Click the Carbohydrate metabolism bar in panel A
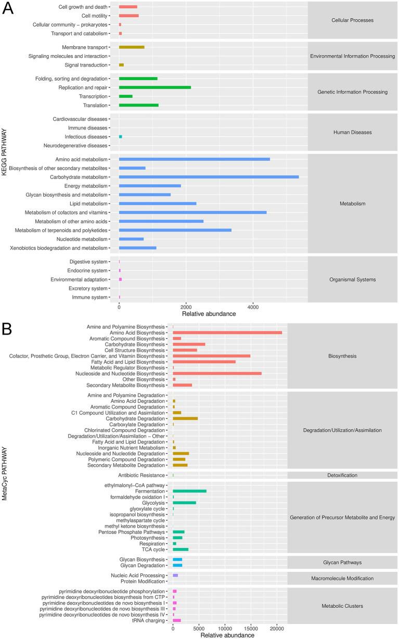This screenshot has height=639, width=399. (209, 177)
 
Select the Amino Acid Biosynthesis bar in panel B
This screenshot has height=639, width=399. (227, 333)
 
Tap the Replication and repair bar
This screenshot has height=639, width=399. (155, 87)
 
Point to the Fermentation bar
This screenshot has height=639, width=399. (190, 491)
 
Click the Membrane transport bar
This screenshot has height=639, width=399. (132, 47)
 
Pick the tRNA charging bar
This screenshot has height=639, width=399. (177, 620)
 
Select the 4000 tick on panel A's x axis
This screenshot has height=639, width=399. (252, 306)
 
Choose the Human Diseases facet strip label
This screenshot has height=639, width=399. (352, 132)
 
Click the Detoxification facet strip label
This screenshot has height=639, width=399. (342, 475)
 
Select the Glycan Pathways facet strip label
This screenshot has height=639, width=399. (342, 563)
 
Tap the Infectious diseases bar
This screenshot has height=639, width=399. (121, 136)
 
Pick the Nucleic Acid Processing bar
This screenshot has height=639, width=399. (175, 575)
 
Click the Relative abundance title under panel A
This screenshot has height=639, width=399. (209, 314)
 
